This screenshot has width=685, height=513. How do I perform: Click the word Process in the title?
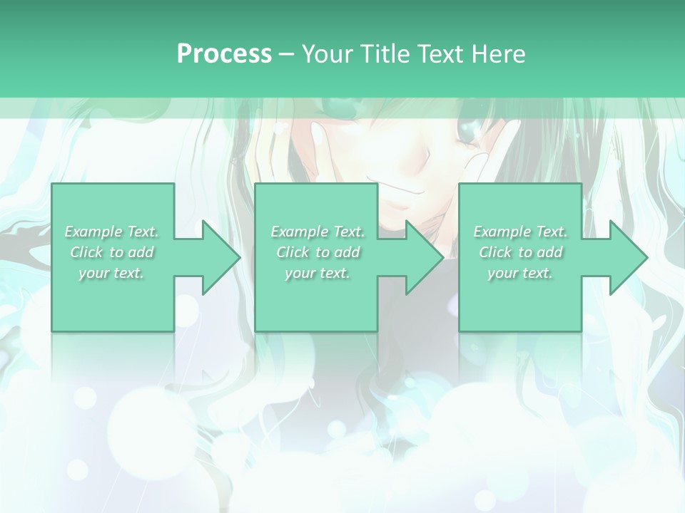[x=224, y=54]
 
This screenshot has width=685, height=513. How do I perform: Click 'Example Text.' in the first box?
[x=111, y=232]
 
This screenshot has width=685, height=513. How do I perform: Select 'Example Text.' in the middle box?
[x=318, y=232]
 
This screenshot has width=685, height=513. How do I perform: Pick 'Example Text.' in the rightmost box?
[x=520, y=232]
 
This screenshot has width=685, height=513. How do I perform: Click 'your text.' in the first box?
[x=111, y=273]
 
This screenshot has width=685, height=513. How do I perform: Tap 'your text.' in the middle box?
[x=318, y=273]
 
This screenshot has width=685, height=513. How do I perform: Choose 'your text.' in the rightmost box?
[x=520, y=273]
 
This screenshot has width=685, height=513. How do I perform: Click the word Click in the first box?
[x=86, y=252]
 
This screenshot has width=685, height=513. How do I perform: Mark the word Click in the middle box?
[x=293, y=252]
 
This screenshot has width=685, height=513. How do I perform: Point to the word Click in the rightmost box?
[x=495, y=252]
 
